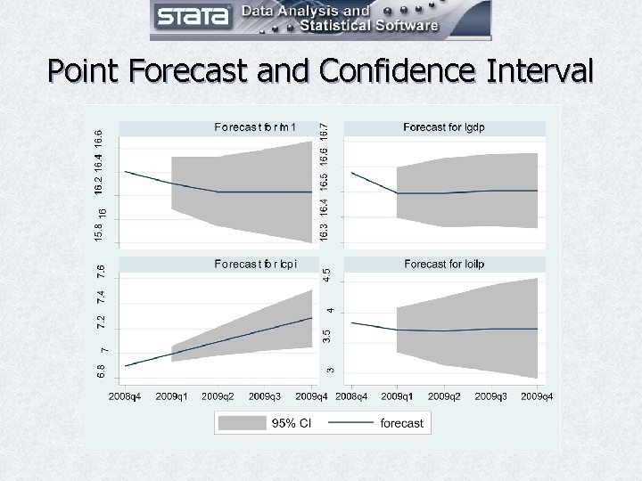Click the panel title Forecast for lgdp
[443, 127]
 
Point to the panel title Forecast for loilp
[443, 264]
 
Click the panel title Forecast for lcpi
[255, 264]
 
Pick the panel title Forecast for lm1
[255, 127]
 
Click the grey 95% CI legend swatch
[244, 423]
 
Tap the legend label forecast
[401, 423]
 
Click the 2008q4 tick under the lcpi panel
[126, 395]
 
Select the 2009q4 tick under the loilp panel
[538, 395]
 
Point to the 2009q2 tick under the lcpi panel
[218, 395]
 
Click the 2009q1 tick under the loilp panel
[398, 395]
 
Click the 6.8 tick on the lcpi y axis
[102, 368]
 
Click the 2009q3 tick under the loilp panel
[490, 395]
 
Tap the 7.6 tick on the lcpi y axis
[102, 268]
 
